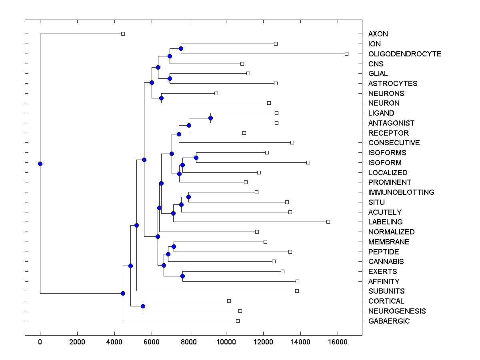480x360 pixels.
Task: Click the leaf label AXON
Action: [378, 34]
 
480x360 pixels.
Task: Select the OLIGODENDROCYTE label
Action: [404, 54]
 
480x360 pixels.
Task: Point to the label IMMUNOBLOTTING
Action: [401, 192]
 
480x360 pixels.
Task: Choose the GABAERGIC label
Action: [389, 321]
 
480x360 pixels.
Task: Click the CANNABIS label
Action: [386, 262]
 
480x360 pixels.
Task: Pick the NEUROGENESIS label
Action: [397, 311]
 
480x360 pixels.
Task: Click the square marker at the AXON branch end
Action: [123, 34]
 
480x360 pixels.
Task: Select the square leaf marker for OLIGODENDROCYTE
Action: [346, 54]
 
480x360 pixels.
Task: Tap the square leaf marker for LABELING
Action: [328, 222]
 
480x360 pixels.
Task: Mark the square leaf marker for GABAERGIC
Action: [238, 321]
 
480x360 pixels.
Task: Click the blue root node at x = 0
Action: [40, 164]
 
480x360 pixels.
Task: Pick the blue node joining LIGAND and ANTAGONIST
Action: [210, 118]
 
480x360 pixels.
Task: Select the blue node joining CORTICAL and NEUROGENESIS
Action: [143, 306]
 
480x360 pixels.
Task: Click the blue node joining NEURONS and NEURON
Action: [161, 98]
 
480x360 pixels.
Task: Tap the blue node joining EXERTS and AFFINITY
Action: [182, 276]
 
